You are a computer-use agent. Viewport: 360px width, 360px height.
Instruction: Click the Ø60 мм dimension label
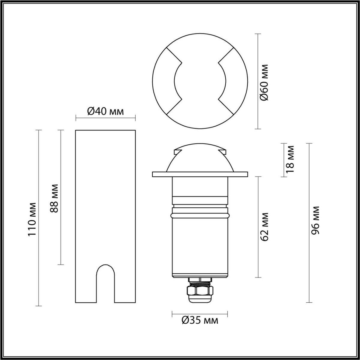(x=264, y=82)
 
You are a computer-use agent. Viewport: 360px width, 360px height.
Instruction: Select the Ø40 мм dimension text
(x=105, y=112)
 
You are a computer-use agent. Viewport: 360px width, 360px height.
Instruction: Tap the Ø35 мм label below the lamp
(x=200, y=320)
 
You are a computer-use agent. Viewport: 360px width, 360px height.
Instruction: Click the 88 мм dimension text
(x=54, y=198)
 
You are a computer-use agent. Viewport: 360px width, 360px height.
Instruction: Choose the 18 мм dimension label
(x=290, y=159)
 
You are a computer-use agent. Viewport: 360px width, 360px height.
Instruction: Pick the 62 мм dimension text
(x=264, y=227)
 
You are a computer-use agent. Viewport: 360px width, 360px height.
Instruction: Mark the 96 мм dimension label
(x=315, y=221)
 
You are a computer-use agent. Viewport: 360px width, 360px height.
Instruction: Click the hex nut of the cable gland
(x=200, y=290)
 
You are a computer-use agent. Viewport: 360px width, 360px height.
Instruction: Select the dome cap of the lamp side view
(x=200, y=159)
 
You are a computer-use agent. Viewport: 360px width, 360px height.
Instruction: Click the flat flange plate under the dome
(x=200, y=174)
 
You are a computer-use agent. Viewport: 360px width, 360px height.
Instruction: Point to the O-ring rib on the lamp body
(x=200, y=215)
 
